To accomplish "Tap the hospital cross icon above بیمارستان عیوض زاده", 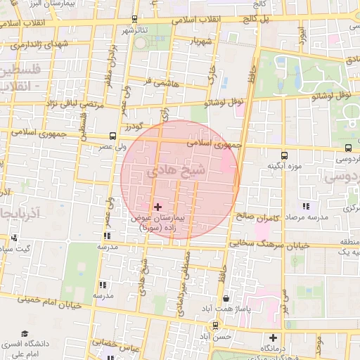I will click(x=157, y=207).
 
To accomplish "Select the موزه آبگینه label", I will click(x=283, y=166).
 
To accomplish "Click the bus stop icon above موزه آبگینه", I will click(x=284, y=155).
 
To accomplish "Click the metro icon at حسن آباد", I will click(x=214, y=325).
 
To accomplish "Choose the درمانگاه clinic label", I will click(x=275, y=348).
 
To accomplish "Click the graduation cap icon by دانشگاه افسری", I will click(x=25, y=334).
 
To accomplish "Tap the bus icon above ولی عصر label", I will click(x=112, y=136).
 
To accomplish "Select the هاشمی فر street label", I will click(x=156, y=81).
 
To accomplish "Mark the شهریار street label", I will click(x=201, y=41).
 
